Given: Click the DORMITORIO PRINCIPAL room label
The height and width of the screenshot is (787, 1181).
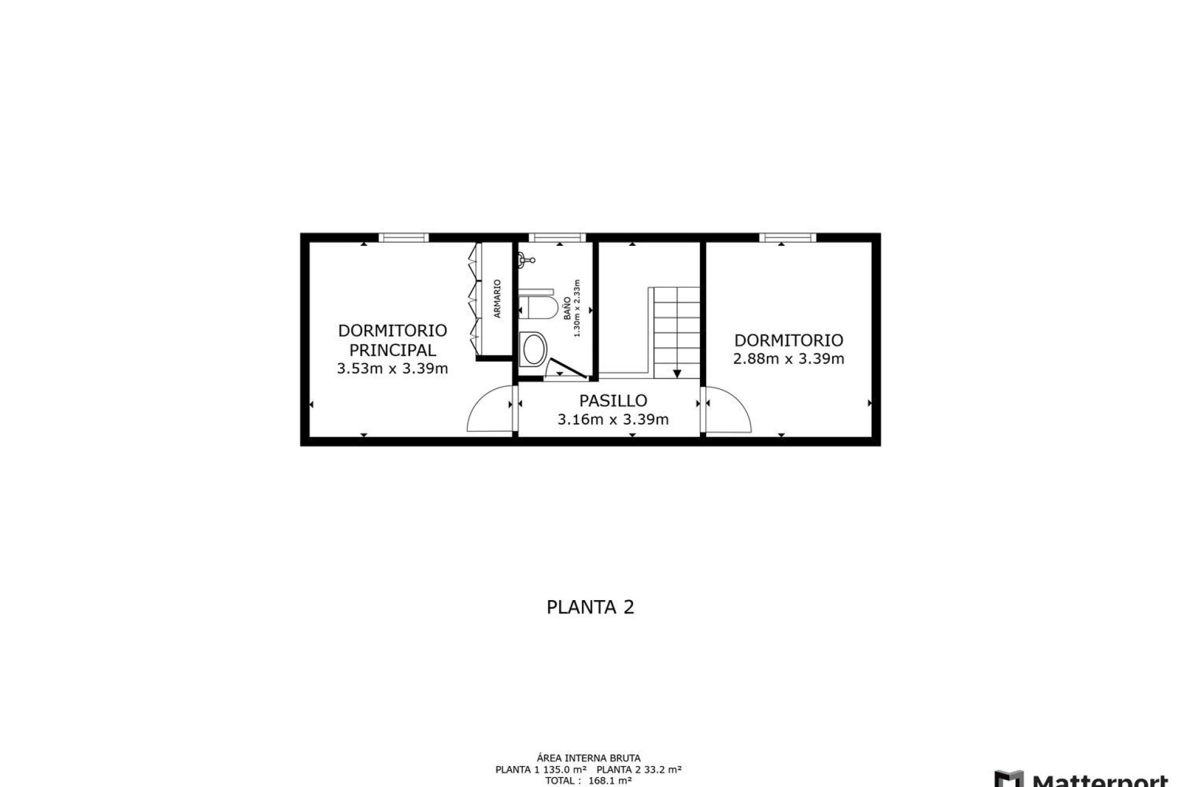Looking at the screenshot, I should coord(392,340).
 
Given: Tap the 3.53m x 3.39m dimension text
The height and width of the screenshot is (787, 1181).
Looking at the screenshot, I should coord(392,369).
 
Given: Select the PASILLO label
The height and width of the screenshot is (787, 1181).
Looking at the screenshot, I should coord(613,401).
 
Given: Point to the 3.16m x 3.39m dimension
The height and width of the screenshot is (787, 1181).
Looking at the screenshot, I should coord(613,420).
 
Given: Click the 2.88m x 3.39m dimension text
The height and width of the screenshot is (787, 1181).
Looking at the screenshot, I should coord(789,359).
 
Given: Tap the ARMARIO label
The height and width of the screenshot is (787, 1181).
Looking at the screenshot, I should coord(498,299).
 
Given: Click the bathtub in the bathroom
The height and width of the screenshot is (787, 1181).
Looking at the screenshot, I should coord(533,349).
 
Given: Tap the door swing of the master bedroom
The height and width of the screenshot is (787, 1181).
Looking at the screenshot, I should coord(489,411).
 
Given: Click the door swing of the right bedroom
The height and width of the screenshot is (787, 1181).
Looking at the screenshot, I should coord(730,411).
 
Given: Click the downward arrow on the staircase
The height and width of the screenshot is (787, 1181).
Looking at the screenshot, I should coord(677,373).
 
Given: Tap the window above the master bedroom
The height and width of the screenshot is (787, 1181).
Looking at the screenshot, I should coord(404,237).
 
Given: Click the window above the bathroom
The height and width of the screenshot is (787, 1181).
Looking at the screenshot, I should coord(557,237).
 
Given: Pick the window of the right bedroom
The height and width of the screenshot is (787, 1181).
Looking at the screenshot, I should coord(788,237).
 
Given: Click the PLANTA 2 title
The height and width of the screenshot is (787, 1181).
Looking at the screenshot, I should coord(590,607).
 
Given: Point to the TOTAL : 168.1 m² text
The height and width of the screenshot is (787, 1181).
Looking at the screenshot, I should coord(588,781).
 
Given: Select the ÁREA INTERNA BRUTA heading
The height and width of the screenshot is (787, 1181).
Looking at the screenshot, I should coord(588,758).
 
